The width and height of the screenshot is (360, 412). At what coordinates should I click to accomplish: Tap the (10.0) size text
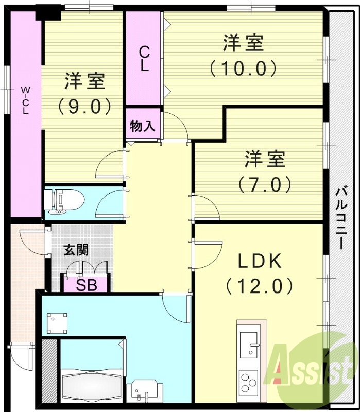[243, 67]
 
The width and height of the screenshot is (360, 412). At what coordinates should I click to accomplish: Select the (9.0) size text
[85, 106]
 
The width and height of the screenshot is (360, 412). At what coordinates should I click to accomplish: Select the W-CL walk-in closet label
[25, 100]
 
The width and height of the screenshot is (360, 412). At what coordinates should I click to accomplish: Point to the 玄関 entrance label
[76, 250]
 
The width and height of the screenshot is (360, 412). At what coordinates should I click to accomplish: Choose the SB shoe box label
[86, 285]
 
